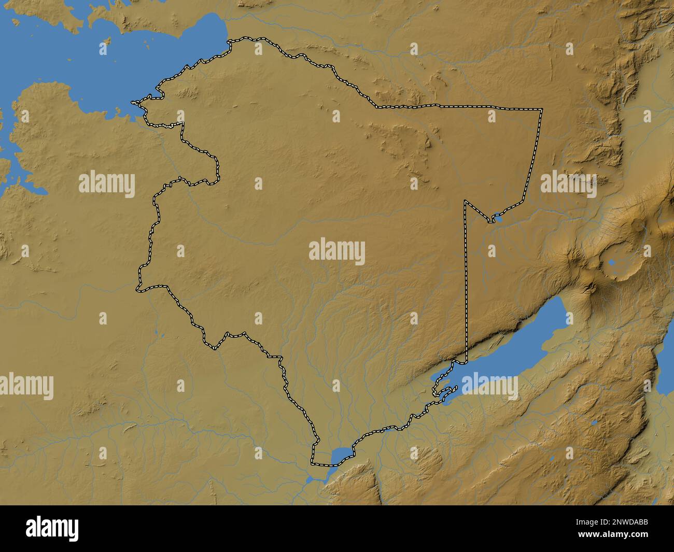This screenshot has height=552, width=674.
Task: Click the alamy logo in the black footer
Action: click(x=52, y=528)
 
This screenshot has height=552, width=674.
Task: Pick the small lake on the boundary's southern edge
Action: click(x=339, y=456)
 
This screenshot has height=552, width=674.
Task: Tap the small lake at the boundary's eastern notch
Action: click(x=498, y=219)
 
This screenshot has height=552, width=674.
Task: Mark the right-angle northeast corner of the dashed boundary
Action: click(x=542, y=109)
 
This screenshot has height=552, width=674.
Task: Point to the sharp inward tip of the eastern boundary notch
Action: click(x=466, y=201)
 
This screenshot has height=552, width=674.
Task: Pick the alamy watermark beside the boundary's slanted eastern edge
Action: click(x=568, y=185)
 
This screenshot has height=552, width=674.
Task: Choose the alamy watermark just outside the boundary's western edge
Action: click(x=107, y=185)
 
